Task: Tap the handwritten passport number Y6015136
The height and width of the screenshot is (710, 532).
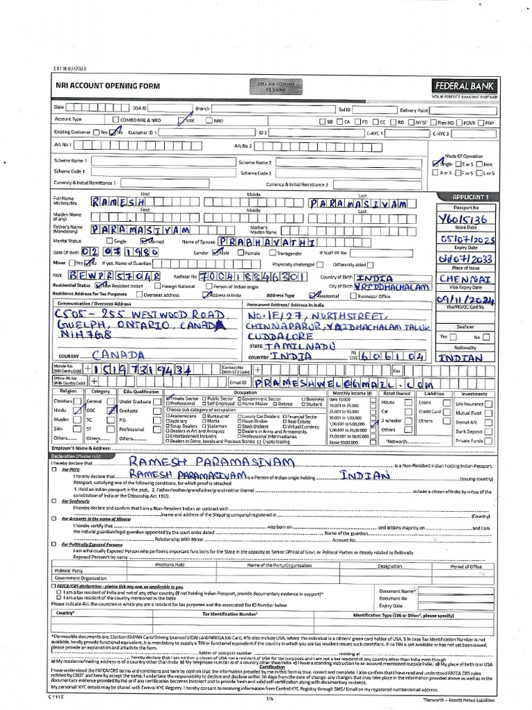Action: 462,220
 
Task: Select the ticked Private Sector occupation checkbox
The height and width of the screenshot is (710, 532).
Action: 168,399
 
